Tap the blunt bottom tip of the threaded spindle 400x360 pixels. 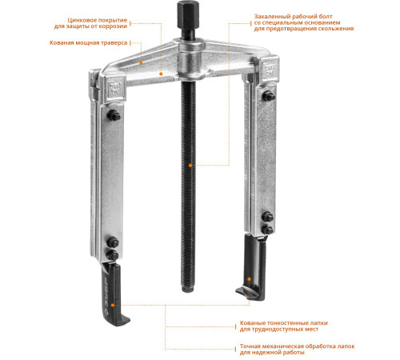tap(189, 289)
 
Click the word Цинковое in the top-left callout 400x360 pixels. tap(82, 21)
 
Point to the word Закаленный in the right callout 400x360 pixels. tap(270, 17)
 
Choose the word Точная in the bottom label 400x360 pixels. tap(250, 346)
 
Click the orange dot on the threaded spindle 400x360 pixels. tap(190, 166)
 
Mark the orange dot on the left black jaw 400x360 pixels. tap(113, 305)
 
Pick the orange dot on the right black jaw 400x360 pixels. tap(250, 279)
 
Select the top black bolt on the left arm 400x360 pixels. tap(114, 115)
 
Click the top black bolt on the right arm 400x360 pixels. tap(268, 96)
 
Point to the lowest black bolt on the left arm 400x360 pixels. tap(113, 255)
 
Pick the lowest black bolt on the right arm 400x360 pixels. tap(267, 230)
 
